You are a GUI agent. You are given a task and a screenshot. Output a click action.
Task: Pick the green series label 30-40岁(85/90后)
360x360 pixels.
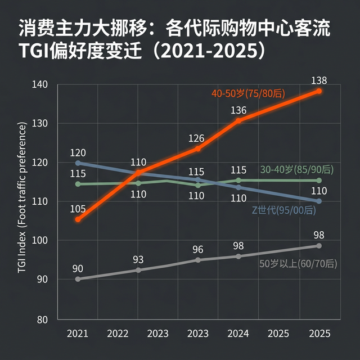297,169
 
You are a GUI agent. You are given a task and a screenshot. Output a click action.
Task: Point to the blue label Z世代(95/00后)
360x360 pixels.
283,210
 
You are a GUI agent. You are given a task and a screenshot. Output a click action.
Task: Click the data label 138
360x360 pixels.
318,80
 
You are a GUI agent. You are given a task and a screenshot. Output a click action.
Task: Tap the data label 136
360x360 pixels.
238,110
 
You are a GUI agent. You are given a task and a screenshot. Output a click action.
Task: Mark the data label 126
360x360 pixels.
196,138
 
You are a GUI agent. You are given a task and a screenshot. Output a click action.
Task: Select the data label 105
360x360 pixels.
79,209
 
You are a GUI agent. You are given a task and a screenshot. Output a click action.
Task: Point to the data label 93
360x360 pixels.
138,260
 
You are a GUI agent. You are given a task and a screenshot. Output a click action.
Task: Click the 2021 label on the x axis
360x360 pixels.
78,333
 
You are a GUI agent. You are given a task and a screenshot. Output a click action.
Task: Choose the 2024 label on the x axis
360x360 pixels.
238,333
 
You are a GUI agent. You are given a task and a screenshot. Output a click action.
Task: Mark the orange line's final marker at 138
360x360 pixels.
319,91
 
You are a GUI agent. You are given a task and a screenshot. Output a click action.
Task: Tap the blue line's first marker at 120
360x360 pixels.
78,163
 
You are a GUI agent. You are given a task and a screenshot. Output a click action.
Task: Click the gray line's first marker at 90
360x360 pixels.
78,279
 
